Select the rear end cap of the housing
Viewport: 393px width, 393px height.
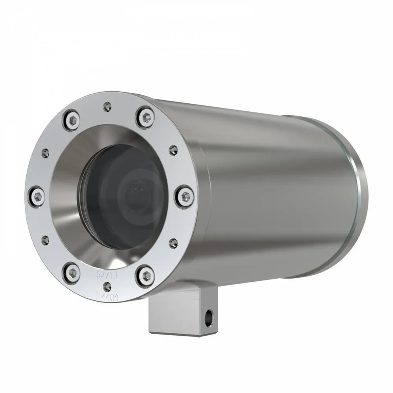click(360, 181)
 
